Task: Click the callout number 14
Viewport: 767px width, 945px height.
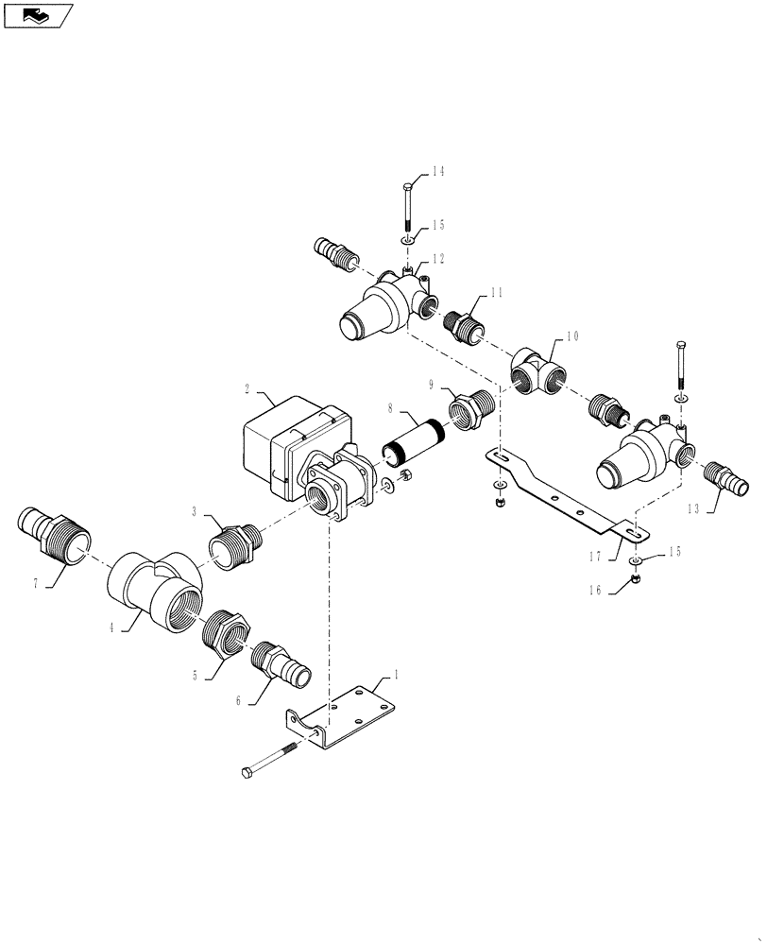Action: [x=437, y=172]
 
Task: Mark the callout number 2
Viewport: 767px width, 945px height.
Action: [x=247, y=387]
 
